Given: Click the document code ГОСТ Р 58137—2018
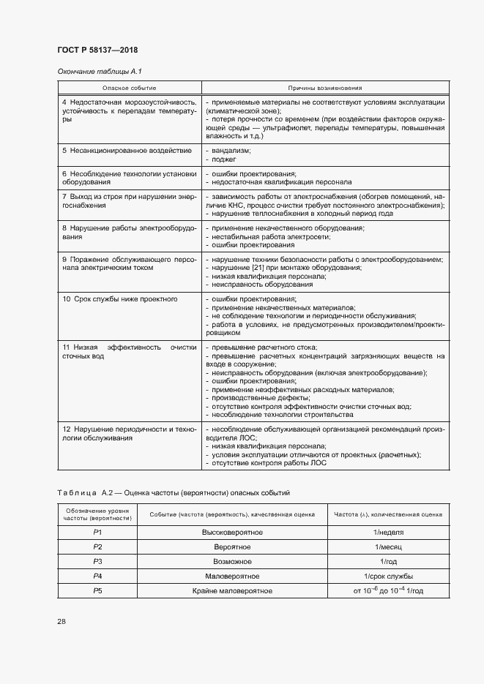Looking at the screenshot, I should (97, 50).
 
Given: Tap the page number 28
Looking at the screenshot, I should (62, 622).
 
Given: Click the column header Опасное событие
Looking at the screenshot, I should (129, 87).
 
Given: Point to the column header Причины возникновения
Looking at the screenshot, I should (325, 87).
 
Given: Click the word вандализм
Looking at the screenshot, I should (231, 150).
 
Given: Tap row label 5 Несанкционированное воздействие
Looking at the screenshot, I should (127, 150).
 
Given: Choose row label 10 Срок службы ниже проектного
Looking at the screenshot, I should (119, 299).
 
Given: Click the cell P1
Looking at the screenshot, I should (97, 532).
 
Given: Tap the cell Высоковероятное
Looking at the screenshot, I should (232, 532).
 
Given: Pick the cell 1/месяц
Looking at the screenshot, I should (389, 546).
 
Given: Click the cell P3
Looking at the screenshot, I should (97, 561).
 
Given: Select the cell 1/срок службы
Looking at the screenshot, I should (389, 576).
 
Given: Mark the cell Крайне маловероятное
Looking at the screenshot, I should (232, 590).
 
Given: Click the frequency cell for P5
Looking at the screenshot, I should (389, 590).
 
